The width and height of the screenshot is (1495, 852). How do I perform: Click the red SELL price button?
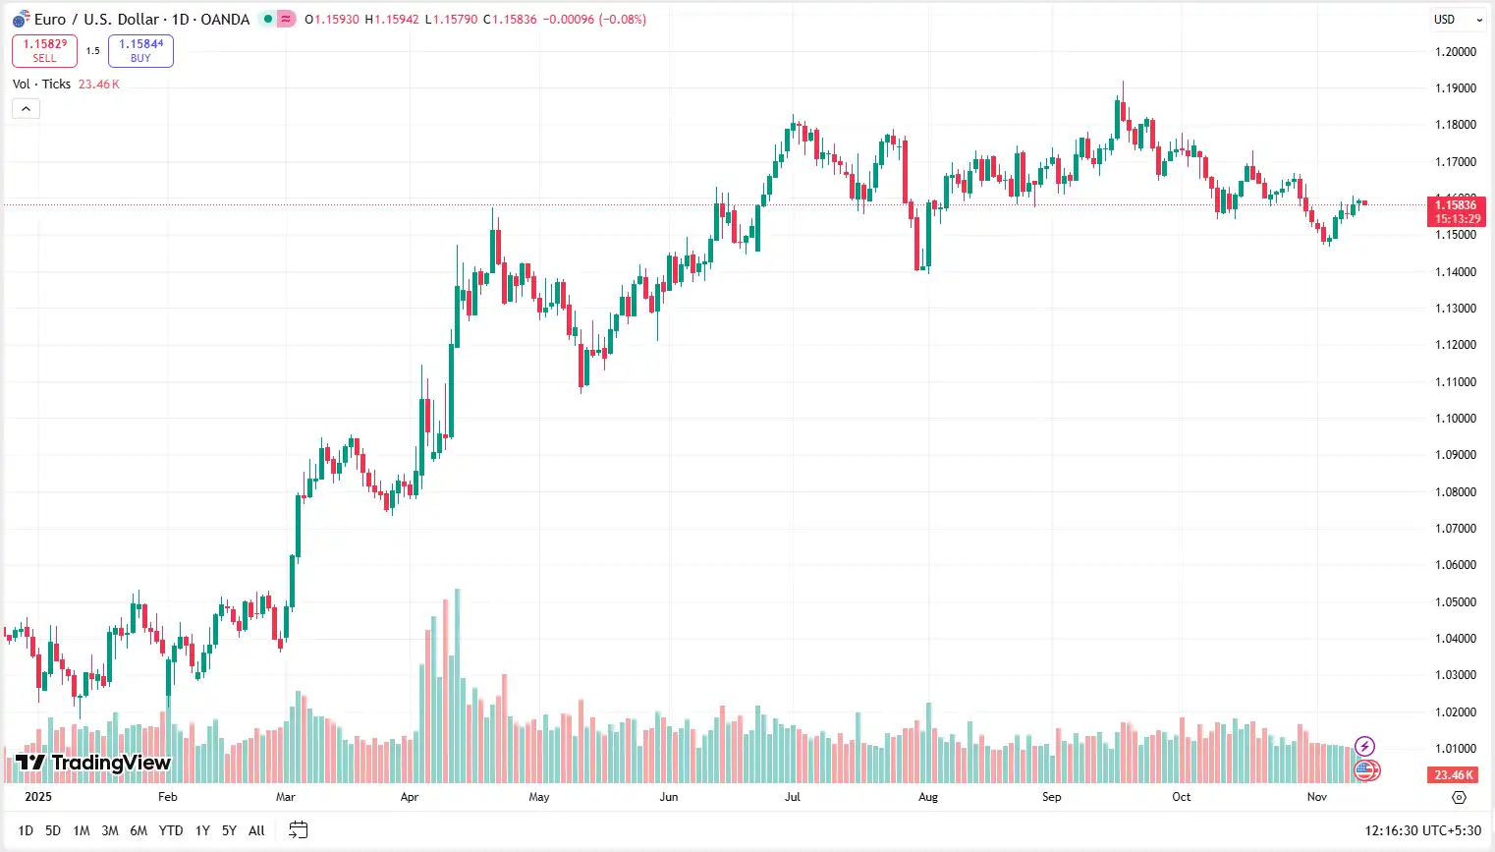44,51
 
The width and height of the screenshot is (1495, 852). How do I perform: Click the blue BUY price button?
140,51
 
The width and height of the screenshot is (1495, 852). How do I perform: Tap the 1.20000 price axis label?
1456,52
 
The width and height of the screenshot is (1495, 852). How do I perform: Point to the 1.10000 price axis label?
1456,419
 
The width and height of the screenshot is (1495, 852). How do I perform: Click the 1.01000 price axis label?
1456,749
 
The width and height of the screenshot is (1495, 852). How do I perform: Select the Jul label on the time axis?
792,797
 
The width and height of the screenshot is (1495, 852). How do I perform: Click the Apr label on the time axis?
410,797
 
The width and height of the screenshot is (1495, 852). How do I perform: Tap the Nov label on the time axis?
1316,797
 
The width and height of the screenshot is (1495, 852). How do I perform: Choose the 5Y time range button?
229,830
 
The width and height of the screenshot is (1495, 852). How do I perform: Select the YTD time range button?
171,830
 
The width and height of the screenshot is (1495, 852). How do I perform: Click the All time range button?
256,830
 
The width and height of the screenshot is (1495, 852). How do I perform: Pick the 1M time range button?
82,830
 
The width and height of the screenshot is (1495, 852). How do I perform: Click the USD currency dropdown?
1457,20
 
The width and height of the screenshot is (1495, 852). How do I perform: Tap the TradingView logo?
93,763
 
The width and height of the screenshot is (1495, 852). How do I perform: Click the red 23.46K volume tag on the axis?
1453,775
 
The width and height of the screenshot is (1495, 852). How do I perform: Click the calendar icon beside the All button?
299,830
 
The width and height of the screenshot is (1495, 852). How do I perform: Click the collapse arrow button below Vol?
26,108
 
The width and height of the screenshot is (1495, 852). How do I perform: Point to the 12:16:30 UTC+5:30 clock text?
1422,830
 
